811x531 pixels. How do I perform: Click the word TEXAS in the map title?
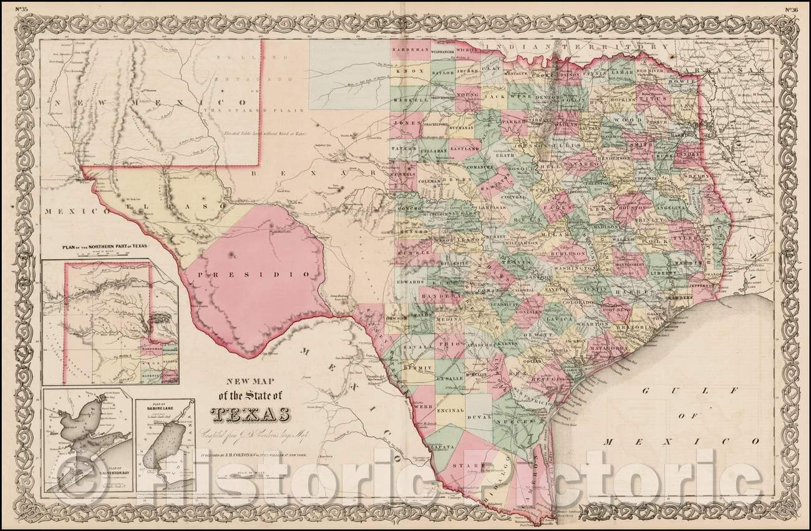pyautogui.click(x=250, y=414)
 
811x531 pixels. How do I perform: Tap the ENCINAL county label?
pyautogui.click(x=451, y=411)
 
